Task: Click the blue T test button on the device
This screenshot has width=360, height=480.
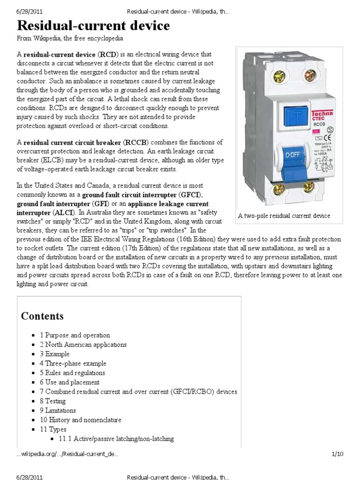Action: tap(279, 116)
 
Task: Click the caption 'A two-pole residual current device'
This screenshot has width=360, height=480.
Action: tap(284, 216)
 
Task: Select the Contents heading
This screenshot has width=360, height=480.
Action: tap(42, 316)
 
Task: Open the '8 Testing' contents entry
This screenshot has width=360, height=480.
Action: tap(52, 401)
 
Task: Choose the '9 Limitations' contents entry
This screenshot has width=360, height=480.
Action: tap(58, 411)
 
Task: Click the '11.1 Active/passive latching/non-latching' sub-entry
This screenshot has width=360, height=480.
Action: tap(116, 439)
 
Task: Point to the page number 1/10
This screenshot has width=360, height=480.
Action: tap(337, 454)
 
